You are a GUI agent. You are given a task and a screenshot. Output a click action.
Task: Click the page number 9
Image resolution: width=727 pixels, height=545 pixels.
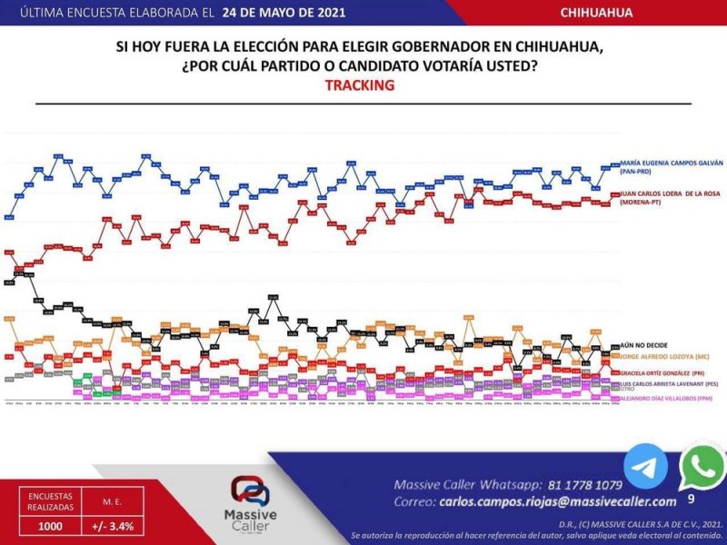pos(692,500)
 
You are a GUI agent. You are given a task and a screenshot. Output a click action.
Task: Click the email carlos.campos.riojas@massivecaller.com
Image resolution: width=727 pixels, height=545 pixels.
pos(558,501)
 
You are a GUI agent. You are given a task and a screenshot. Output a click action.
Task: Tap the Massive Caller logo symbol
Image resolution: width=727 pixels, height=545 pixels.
pos(250,491)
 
